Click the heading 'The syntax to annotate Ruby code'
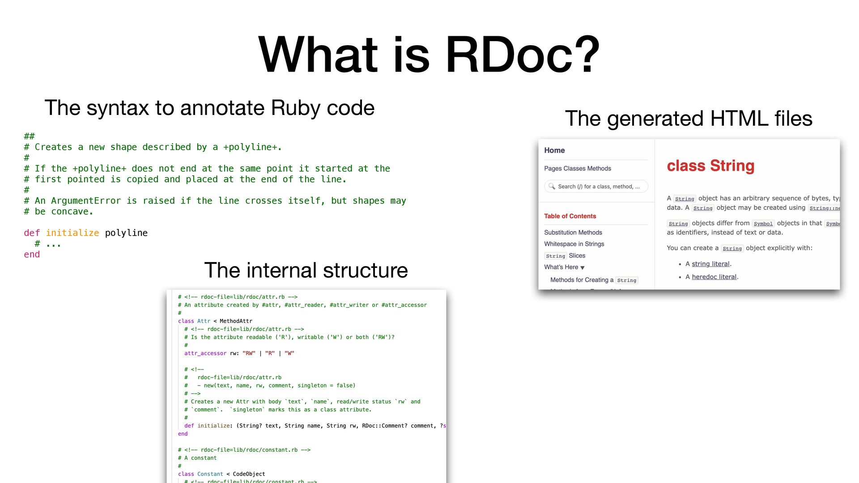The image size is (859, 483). point(209,108)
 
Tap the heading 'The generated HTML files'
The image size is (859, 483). point(689,119)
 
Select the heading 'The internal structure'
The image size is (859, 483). point(306,270)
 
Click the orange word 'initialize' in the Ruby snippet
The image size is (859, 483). point(72,233)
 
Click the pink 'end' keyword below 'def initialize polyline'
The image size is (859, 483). point(32,254)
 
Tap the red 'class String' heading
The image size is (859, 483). point(710,166)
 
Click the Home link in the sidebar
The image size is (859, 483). point(554,150)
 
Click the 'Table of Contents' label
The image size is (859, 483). point(570,216)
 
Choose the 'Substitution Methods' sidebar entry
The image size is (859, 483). point(573,233)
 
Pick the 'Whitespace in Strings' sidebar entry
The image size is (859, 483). point(574,244)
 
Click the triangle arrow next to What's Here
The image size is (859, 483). point(583,267)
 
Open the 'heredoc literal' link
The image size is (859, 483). point(714,277)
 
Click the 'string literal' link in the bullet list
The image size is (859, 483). point(710,264)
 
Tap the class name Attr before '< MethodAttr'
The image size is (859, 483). point(204,321)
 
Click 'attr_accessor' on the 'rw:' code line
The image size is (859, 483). point(205,353)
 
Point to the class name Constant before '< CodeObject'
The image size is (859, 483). point(210,474)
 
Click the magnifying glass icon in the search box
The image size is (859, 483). point(552,186)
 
